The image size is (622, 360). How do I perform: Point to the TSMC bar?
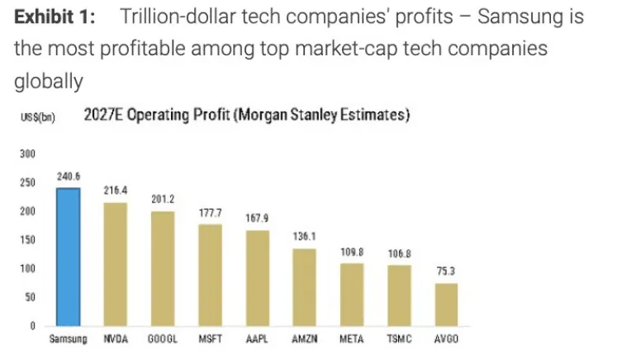399,295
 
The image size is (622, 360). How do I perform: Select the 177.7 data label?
210,213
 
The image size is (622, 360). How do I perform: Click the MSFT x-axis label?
210,340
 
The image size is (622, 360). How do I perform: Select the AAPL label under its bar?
258,340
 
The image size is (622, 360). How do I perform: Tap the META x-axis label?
352,340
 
